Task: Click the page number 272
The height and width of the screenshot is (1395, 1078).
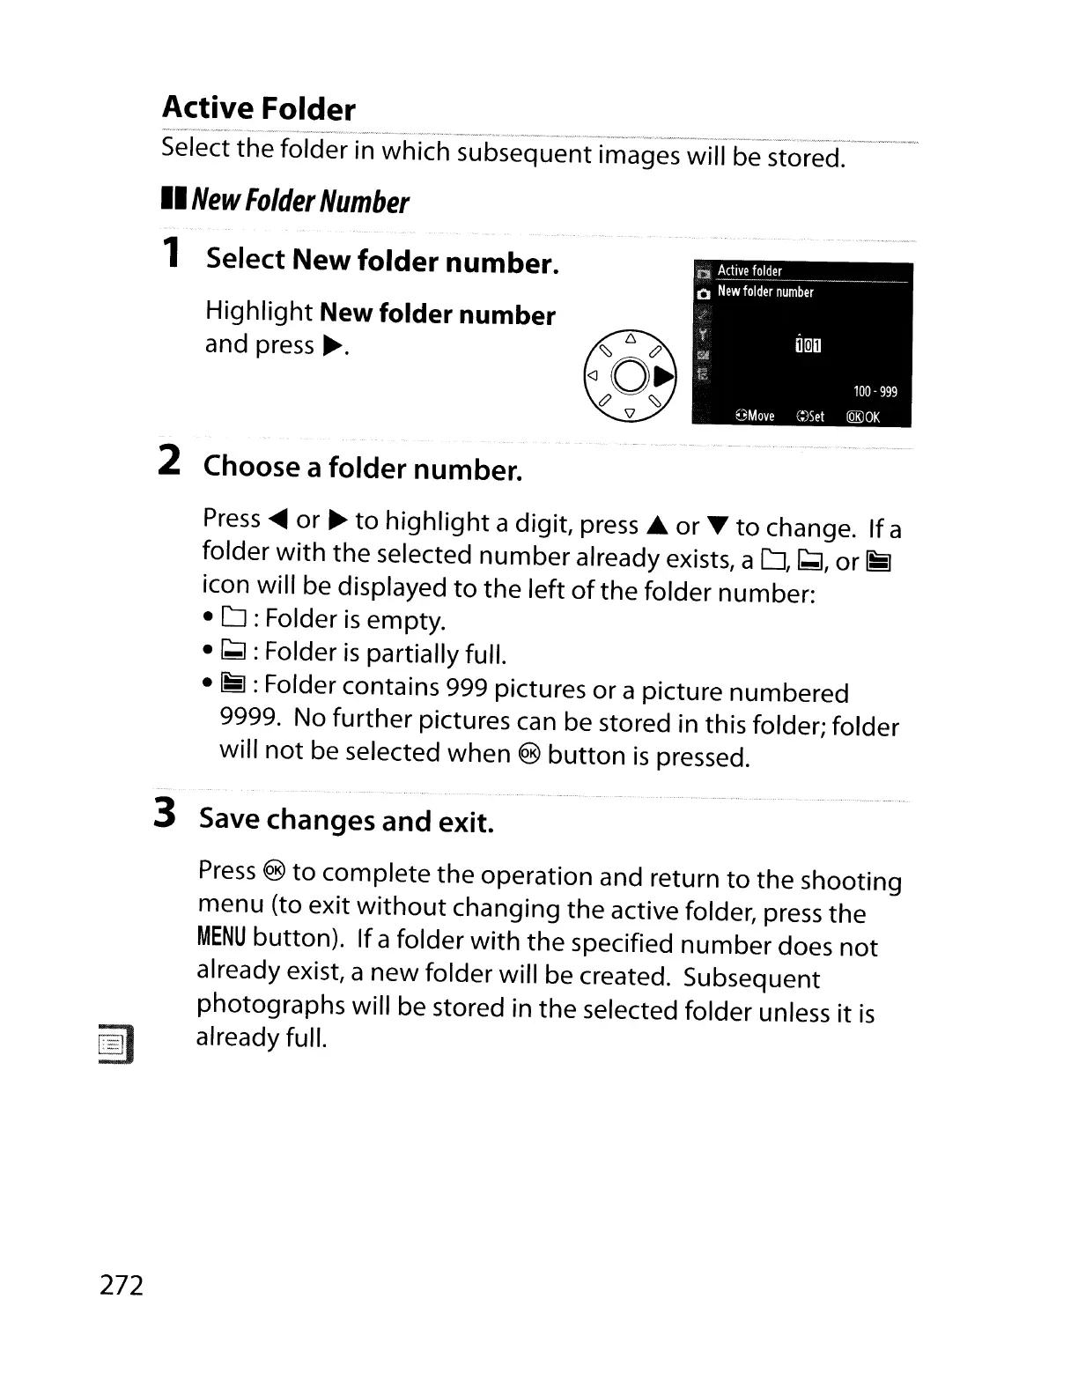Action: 122,1285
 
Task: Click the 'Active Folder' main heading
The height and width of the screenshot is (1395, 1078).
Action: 259,108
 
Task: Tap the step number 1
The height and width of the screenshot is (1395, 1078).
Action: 173,253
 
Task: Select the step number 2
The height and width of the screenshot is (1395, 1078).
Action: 170,461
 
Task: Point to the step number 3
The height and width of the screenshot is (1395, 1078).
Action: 165,813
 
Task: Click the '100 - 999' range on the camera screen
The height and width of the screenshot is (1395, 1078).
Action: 875,392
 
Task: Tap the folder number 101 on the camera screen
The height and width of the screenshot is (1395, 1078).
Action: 807,345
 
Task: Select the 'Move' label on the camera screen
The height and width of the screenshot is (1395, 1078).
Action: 756,416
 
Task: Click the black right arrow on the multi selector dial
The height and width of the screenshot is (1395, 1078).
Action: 665,378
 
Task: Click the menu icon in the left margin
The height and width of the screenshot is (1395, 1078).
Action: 115,1045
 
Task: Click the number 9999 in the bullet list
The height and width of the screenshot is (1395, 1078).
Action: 249,718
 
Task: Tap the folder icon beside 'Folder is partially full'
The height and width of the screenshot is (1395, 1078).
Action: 237,653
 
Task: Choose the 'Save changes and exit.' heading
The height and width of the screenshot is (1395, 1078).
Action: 346,820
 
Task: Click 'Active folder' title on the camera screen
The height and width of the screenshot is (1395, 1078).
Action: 749,271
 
